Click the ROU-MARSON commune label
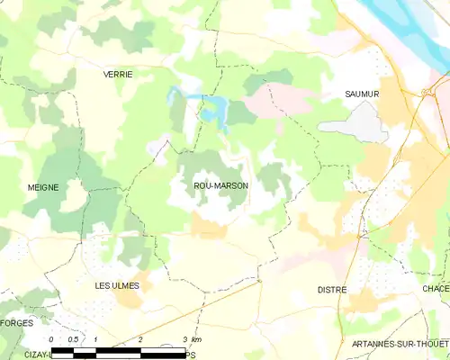tap(220, 186)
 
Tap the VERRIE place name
tap(118, 75)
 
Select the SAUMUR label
tap(363, 94)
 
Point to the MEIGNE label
tap(43, 187)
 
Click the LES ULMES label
tap(117, 285)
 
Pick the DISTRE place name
tap(332, 290)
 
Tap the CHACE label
tap(436, 288)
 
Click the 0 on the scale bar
tap(51, 339)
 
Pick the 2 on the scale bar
tap(140, 339)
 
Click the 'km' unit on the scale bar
tap(197, 339)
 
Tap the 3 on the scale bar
tap(184, 339)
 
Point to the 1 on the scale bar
tap(95, 339)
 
